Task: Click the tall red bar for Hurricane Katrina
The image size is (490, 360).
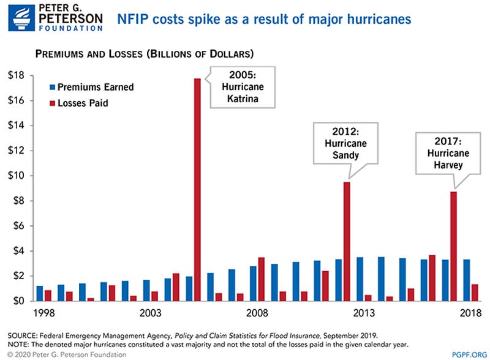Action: pyautogui.click(x=197, y=190)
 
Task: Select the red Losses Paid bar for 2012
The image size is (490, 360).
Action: pyautogui.click(x=347, y=242)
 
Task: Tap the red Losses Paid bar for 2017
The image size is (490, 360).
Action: pyautogui.click(x=453, y=246)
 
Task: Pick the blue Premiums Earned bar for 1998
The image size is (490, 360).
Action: pyautogui.click(x=40, y=293)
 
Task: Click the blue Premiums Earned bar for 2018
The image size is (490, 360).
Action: pyautogui.click(x=467, y=280)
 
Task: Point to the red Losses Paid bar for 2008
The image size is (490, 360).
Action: pyautogui.click(x=262, y=279)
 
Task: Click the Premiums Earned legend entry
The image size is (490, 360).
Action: pyautogui.click(x=92, y=87)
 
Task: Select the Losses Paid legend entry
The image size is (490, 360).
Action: pyautogui.click(x=79, y=103)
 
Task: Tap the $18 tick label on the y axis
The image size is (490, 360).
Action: pyautogui.click(x=17, y=75)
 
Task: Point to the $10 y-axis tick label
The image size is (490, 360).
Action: pyautogui.click(x=17, y=175)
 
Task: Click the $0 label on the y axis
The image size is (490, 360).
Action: pyautogui.click(x=19, y=301)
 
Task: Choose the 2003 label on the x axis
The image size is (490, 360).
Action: pyautogui.click(x=150, y=313)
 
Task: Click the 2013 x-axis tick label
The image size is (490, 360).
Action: pyautogui.click(x=364, y=313)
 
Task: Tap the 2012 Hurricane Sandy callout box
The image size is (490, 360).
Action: pyautogui.click(x=345, y=143)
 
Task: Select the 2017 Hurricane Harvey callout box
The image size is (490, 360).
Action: pyautogui.click(x=448, y=153)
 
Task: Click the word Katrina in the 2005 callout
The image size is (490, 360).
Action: pyautogui.click(x=243, y=99)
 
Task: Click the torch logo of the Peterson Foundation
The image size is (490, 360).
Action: pyautogui.click(x=21, y=18)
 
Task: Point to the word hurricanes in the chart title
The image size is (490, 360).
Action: pyautogui.click(x=379, y=20)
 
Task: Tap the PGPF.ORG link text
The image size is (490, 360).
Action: pyautogui.click(x=469, y=354)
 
